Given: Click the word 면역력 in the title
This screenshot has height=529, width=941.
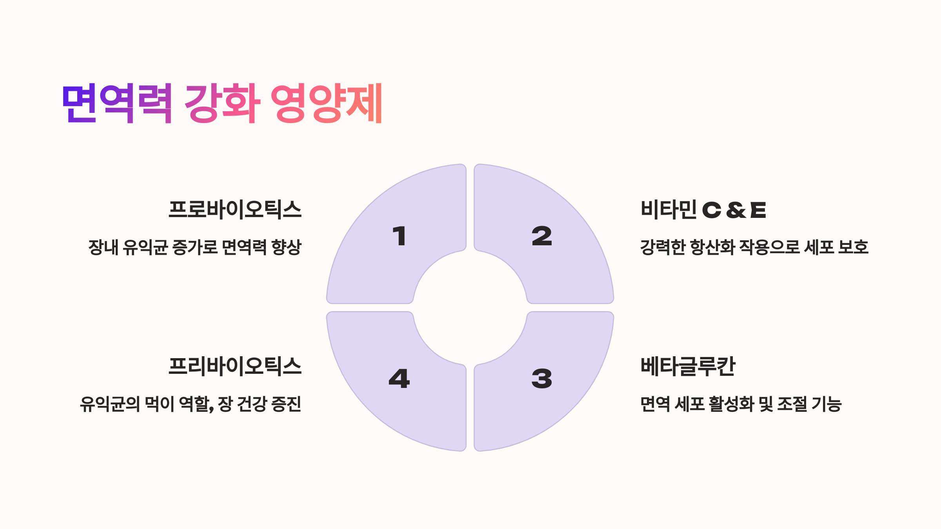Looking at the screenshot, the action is click(x=117, y=103).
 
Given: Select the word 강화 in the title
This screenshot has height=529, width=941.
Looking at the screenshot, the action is click(x=222, y=103).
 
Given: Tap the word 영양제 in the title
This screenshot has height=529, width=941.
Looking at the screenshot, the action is click(x=326, y=103).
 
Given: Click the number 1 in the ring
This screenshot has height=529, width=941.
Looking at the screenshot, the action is click(x=400, y=236).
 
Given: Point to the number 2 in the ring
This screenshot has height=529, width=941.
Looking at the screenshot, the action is click(x=541, y=236).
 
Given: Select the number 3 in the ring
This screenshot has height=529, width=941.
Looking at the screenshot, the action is click(x=541, y=379).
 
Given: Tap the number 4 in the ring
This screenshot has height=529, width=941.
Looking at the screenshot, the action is click(x=399, y=379).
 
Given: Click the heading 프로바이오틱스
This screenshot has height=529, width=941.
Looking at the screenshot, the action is click(x=235, y=209).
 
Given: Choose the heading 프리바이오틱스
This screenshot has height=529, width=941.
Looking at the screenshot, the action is click(x=235, y=366).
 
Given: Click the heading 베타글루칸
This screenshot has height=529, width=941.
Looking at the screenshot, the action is click(x=688, y=366).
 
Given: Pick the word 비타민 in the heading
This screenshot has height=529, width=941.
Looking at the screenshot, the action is click(x=669, y=209).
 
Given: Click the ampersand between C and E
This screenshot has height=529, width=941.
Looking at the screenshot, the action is click(x=736, y=210).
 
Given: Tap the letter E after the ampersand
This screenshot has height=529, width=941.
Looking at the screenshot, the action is click(x=758, y=210).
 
